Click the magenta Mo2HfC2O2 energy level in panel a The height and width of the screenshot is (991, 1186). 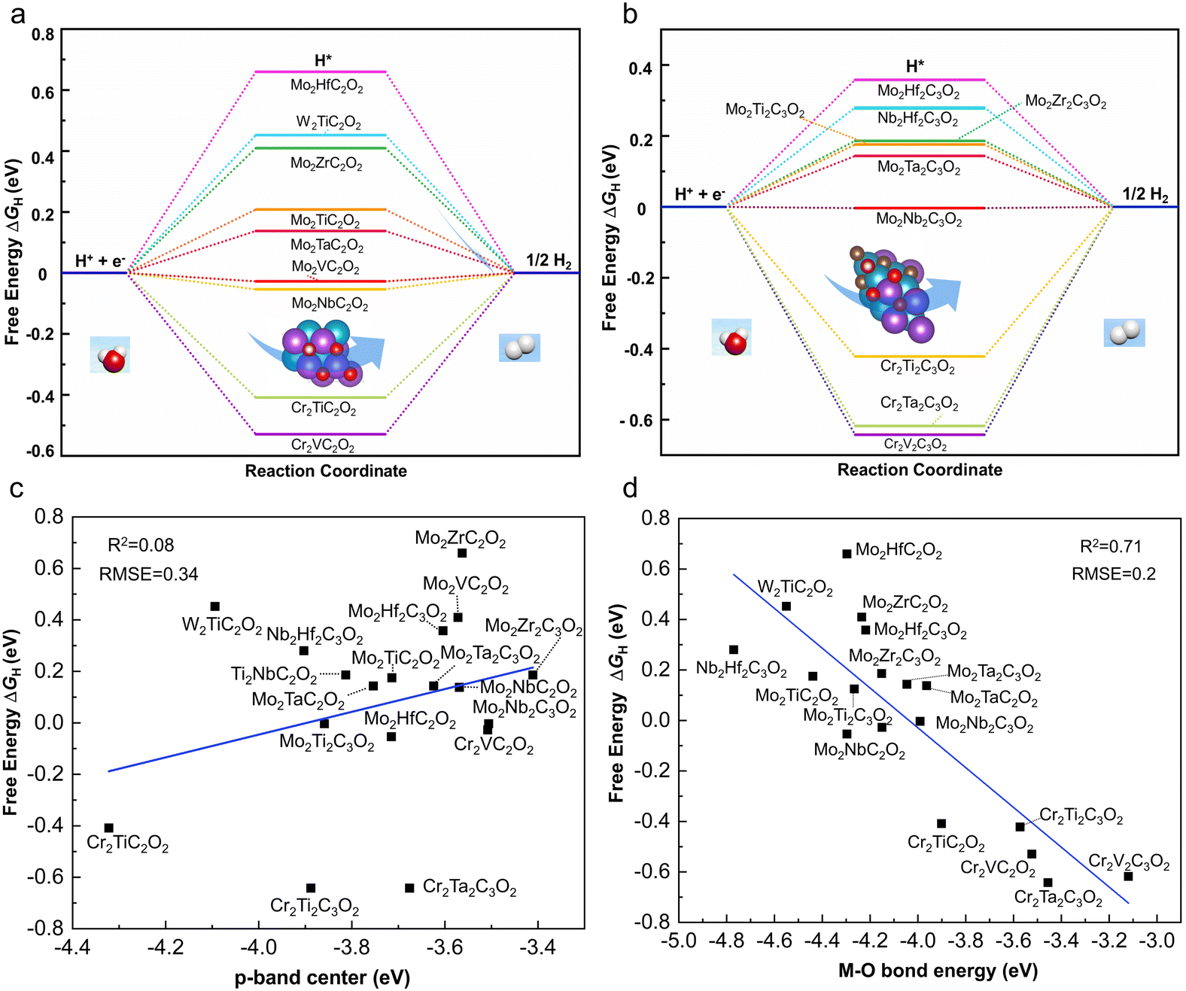coord(321,72)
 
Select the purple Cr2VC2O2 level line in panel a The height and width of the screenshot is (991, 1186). coord(321,434)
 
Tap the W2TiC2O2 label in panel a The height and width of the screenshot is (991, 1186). coord(328,122)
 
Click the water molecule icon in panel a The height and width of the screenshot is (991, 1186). coord(110,355)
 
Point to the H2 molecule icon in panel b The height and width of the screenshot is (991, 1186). coord(1124,333)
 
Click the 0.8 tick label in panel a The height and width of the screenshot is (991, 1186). coord(43,35)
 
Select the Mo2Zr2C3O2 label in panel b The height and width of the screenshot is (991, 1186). coord(1066,102)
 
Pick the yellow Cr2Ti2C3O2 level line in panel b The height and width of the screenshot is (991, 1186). coord(920,356)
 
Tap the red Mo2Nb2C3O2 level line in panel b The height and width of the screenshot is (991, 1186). coord(920,208)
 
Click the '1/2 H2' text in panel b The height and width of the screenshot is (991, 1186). coord(1145,195)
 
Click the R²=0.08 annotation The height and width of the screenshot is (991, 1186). coord(141,546)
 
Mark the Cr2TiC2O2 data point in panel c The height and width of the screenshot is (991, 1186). coord(108,828)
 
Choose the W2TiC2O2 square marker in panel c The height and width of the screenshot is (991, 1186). coord(214,606)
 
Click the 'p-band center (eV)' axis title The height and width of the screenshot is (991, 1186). coord(322,977)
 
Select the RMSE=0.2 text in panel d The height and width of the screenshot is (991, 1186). coord(1113,574)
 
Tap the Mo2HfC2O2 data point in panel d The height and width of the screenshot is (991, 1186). coord(847,554)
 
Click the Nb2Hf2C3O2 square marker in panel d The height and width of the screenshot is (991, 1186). coord(734,649)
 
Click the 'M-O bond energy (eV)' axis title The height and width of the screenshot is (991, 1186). coord(938,971)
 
